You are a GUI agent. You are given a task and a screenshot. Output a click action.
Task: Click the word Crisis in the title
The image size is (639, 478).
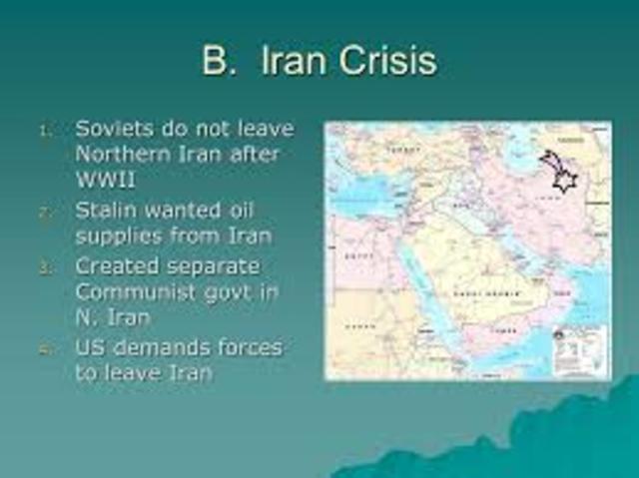[384, 61]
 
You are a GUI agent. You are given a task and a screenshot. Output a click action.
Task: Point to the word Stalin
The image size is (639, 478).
[112, 211]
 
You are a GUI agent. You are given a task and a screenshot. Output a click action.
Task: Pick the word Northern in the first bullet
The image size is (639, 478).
[126, 156]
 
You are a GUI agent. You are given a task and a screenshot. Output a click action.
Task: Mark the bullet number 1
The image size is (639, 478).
[43, 131]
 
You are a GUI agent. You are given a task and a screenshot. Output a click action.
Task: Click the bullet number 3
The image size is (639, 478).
[43, 267]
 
